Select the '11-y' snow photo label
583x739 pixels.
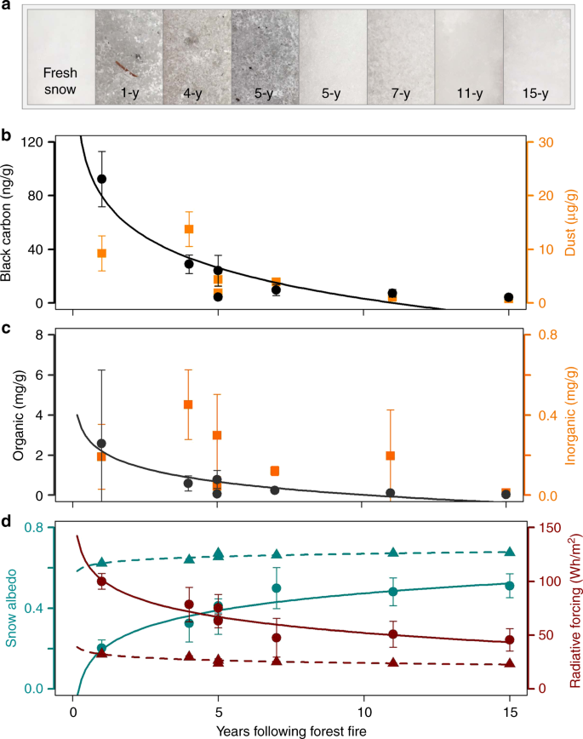(468, 90)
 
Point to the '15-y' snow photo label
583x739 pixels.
(536, 90)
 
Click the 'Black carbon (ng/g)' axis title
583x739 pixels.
(11, 219)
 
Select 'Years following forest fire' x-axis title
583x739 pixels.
(290, 730)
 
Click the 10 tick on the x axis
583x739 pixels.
(363, 709)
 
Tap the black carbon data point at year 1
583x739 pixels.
(102, 179)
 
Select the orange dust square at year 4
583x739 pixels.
(189, 229)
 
